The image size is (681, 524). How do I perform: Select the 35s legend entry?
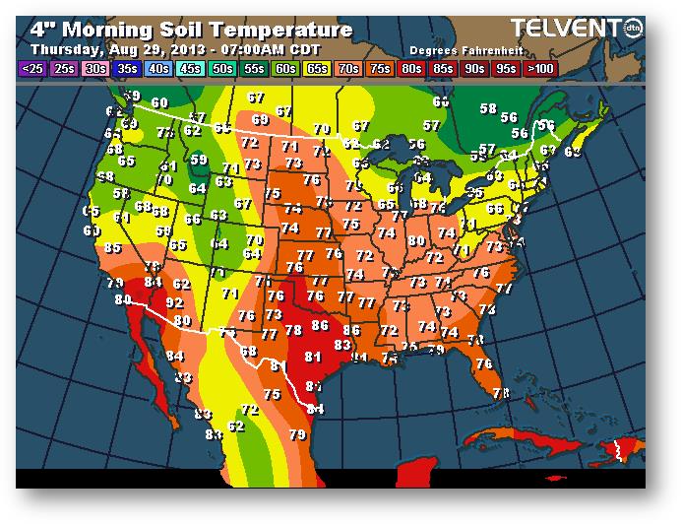127,69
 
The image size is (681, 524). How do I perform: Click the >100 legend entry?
539,69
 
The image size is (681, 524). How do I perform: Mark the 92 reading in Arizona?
174,301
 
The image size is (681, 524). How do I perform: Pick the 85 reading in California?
112,248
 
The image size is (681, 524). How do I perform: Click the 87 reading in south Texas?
314,386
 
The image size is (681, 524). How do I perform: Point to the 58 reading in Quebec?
488,108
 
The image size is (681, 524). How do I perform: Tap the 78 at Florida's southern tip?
501,393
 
